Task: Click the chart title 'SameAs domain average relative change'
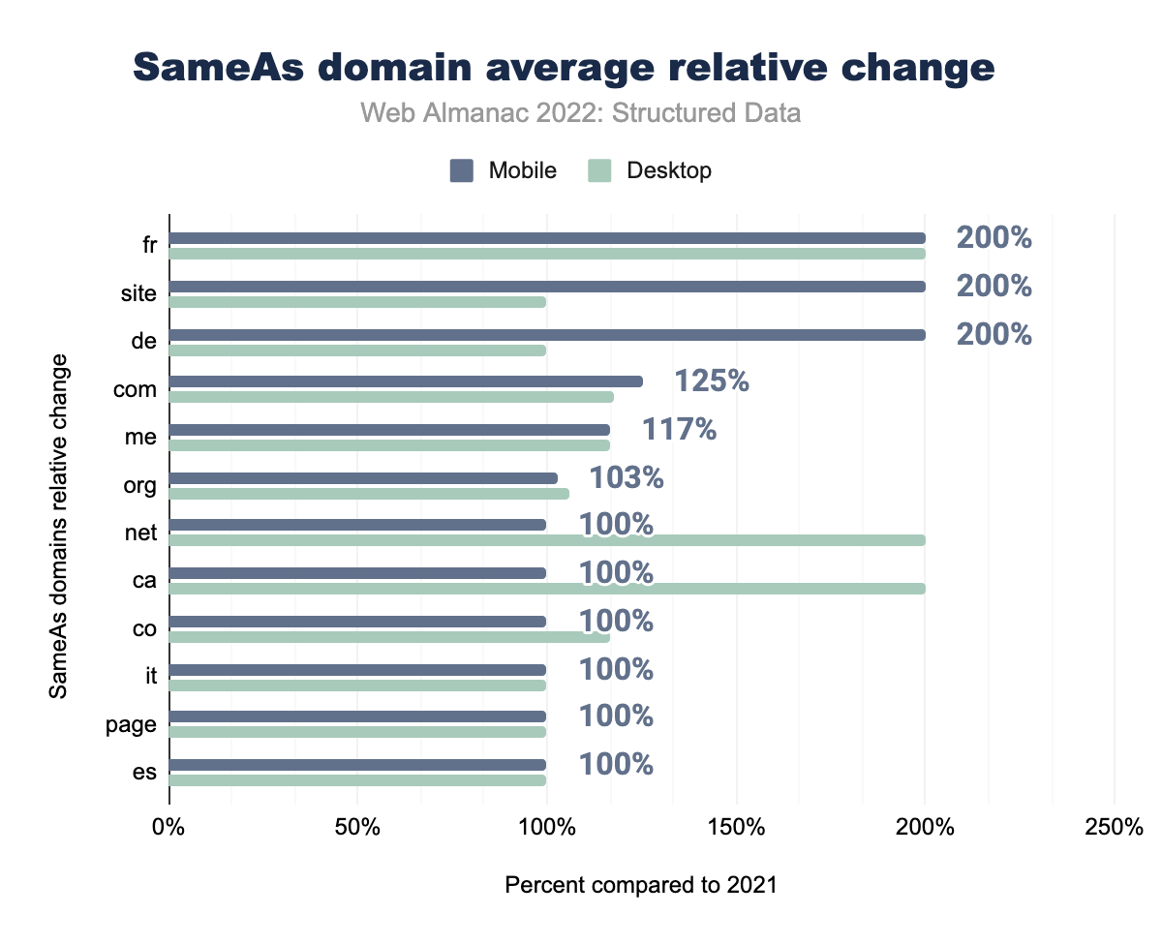pyautogui.click(x=563, y=67)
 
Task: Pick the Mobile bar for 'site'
pyautogui.click(x=547, y=287)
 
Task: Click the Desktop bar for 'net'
pyautogui.click(x=547, y=540)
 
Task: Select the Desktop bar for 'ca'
pyautogui.click(x=547, y=588)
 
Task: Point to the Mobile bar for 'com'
pyautogui.click(x=406, y=381)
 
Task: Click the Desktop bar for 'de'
pyautogui.click(x=357, y=350)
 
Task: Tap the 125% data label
pyautogui.click(x=712, y=381)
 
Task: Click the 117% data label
pyautogui.click(x=680, y=429)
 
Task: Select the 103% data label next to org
pyautogui.click(x=627, y=477)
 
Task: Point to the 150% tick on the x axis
pyautogui.click(x=736, y=829)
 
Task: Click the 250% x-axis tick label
pyautogui.click(x=1114, y=829)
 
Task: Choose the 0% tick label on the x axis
pyautogui.click(x=169, y=829)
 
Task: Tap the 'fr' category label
pyautogui.click(x=149, y=246)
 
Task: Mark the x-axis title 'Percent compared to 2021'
pyautogui.click(x=641, y=885)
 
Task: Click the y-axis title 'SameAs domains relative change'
pyautogui.click(x=59, y=526)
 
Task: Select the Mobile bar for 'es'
pyautogui.click(x=357, y=765)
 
